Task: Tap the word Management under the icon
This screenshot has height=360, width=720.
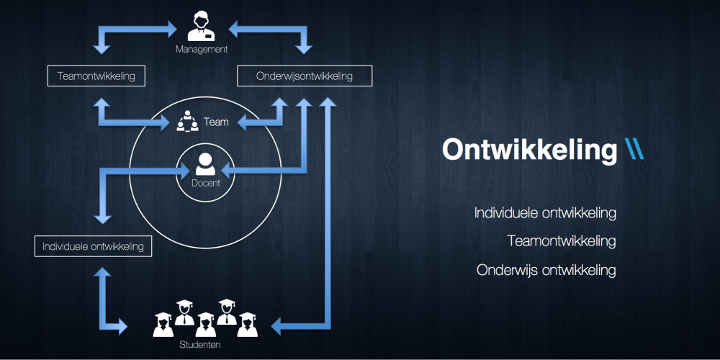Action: point(202,50)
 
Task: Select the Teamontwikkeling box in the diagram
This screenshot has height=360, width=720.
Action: point(96,76)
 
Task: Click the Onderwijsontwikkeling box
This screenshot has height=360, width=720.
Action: point(305,76)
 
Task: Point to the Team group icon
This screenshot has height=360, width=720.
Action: point(187,122)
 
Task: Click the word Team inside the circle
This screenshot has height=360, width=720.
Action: point(216,122)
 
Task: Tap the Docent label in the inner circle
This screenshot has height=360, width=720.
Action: point(206,184)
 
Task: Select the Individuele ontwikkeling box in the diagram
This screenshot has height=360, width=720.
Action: point(93,246)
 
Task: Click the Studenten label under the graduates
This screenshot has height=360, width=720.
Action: point(200,345)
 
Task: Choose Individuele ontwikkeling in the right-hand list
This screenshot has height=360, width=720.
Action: point(545,213)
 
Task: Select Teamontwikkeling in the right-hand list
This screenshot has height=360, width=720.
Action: point(562,241)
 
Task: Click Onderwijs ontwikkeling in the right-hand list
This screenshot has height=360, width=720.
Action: point(546,270)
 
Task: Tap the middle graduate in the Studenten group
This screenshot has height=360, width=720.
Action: point(206,322)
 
